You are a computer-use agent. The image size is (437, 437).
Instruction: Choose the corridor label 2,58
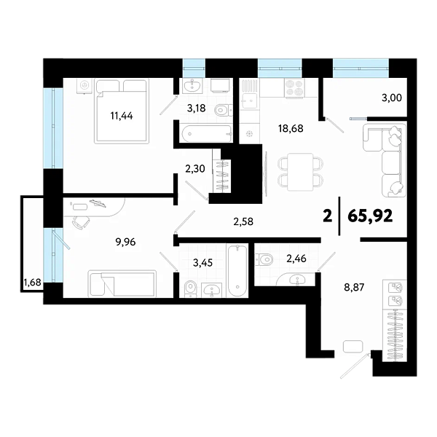[243, 221]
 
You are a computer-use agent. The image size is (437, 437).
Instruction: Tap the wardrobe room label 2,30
[195, 168]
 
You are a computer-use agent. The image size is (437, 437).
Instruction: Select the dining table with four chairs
[299, 171]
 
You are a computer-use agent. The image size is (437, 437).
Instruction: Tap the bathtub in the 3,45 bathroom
[237, 271]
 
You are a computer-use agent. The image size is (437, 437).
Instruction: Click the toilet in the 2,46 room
[264, 258]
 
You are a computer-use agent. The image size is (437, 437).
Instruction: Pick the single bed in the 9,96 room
[122, 283]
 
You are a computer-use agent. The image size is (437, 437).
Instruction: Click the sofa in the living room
[385, 160]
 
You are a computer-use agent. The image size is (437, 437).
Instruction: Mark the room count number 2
[327, 216]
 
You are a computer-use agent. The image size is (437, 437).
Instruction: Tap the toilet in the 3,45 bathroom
[189, 289]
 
